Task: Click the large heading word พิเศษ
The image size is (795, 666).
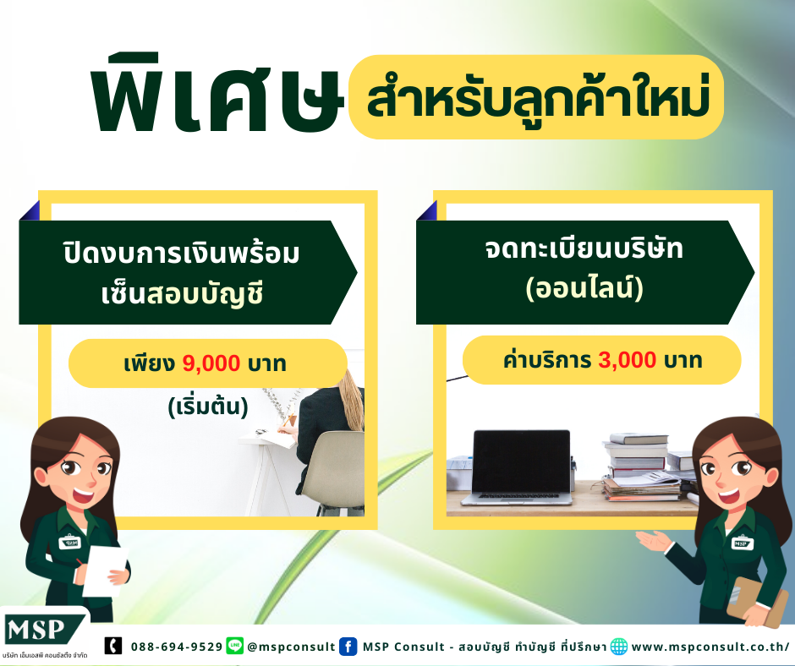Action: [x=218, y=93]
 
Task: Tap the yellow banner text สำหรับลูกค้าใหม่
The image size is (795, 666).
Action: [x=537, y=96]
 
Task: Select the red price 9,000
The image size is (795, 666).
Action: [x=211, y=363]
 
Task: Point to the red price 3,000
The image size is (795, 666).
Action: [x=628, y=360]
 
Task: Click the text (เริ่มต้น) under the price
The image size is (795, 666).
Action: [x=208, y=407]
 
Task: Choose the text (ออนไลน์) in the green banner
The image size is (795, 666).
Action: [x=584, y=288]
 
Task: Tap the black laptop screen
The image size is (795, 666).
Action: [x=521, y=461]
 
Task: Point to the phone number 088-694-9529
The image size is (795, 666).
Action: [x=177, y=647]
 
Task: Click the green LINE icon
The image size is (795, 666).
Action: [x=235, y=646]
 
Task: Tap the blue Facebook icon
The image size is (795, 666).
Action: [x=348, y=647]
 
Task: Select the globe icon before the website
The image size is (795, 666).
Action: [x=618, y=647]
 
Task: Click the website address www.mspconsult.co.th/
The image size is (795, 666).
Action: [x=710, y=647]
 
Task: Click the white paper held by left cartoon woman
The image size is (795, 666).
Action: [x=105, y=570]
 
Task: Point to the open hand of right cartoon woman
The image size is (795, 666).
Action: [x=654, y=541]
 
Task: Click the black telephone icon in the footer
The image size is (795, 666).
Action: [x=113, y=646]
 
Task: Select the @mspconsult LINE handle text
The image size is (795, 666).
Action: [x=291, y=647]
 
